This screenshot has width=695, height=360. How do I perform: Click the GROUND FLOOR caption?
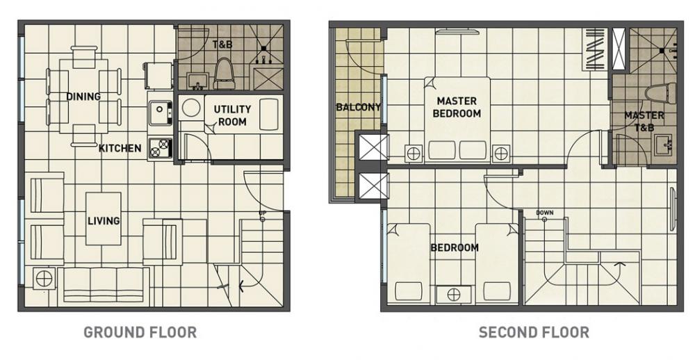click(x=140, y=332)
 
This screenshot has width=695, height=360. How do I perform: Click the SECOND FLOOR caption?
click(x=534, y=332)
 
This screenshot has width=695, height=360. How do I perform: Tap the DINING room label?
click(x=83, y=96)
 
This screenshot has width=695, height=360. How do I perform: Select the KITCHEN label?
click(x=120, y=148)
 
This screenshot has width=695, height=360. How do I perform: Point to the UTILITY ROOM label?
click(x=232, y=115)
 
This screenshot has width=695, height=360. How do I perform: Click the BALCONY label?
click(x=358, y=107)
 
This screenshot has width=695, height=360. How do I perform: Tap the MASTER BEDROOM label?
click(x=457, y=107)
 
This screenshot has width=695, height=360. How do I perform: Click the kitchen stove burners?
click(x=160, y=148)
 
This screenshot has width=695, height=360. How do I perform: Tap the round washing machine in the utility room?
click(x=191, y=108)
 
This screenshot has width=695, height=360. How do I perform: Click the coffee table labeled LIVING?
click(x=104, y=218)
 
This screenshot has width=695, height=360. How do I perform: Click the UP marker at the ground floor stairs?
click(x=263, y=216)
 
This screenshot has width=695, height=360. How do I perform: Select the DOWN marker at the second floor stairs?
click(x=544, y=215)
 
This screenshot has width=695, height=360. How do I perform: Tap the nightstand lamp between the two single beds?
click(x=453, y=295)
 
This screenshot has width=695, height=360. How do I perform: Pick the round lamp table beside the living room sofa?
click(x=44, y=279)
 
